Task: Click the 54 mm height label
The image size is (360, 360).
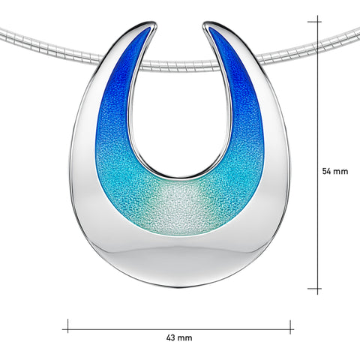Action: [x=335, y=171]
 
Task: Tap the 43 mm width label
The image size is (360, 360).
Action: [x=179, y=337]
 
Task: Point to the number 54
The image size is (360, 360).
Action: [x=327, y=171]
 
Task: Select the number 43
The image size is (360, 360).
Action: [x=172, y=337]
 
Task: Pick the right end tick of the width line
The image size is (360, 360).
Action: [x=292, y=325]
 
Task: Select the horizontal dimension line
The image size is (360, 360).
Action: [x=180, y=325]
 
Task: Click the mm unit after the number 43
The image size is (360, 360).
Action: [x=185, y=337]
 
